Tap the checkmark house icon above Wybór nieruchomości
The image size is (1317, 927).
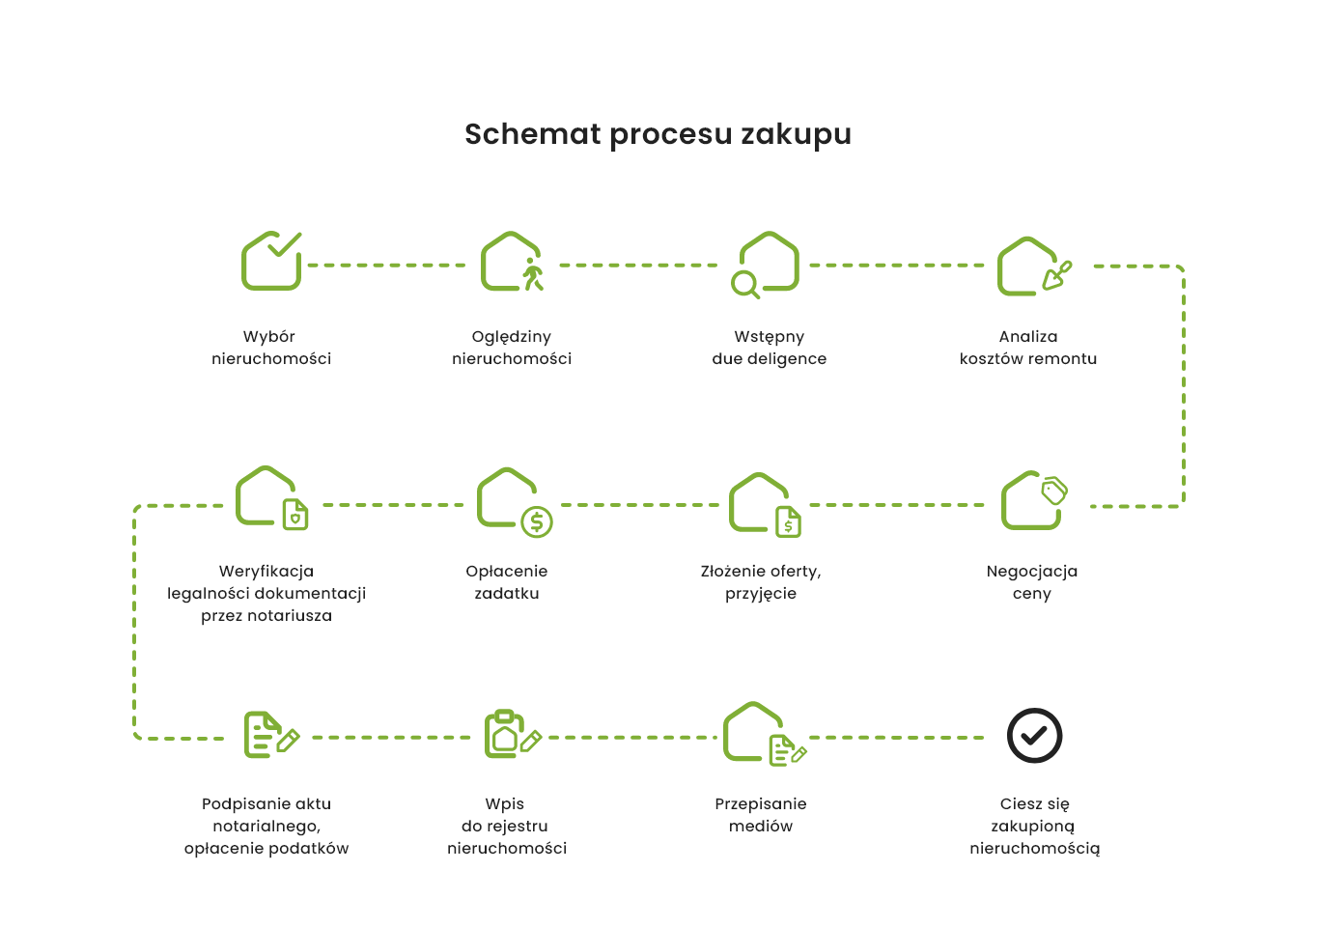271,261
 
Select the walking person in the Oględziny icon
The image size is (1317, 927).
532,274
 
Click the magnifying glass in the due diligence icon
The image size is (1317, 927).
744,284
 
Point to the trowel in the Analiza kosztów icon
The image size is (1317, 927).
1058,275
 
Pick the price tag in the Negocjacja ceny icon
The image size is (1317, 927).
1053,491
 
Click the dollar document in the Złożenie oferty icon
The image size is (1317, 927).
789,521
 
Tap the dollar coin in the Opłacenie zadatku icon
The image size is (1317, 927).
537,522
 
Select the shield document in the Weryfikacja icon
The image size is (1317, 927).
295,515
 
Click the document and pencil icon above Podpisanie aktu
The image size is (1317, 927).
270,736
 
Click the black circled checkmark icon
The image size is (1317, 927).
1034,736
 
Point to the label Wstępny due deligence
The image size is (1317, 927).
769,348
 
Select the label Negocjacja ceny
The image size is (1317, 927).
1031,582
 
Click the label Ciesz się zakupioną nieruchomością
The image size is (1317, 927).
1034,827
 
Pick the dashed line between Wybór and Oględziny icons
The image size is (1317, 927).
387,265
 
